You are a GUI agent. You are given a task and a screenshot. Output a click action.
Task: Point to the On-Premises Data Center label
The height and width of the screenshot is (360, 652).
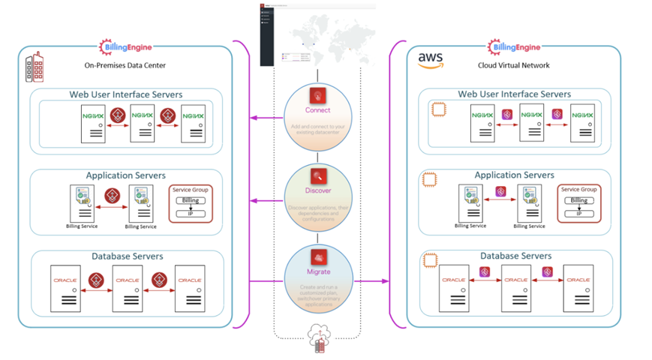125,65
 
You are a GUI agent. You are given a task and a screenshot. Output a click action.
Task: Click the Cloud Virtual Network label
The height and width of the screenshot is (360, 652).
514,65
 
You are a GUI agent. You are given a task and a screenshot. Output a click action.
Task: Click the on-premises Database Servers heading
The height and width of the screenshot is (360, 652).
127,256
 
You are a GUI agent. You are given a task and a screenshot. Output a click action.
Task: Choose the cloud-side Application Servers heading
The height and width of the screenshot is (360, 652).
514,175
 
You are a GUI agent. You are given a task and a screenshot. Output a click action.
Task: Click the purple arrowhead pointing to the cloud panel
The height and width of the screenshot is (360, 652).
385,281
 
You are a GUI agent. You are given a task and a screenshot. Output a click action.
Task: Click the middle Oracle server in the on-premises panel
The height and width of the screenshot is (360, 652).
127,288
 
